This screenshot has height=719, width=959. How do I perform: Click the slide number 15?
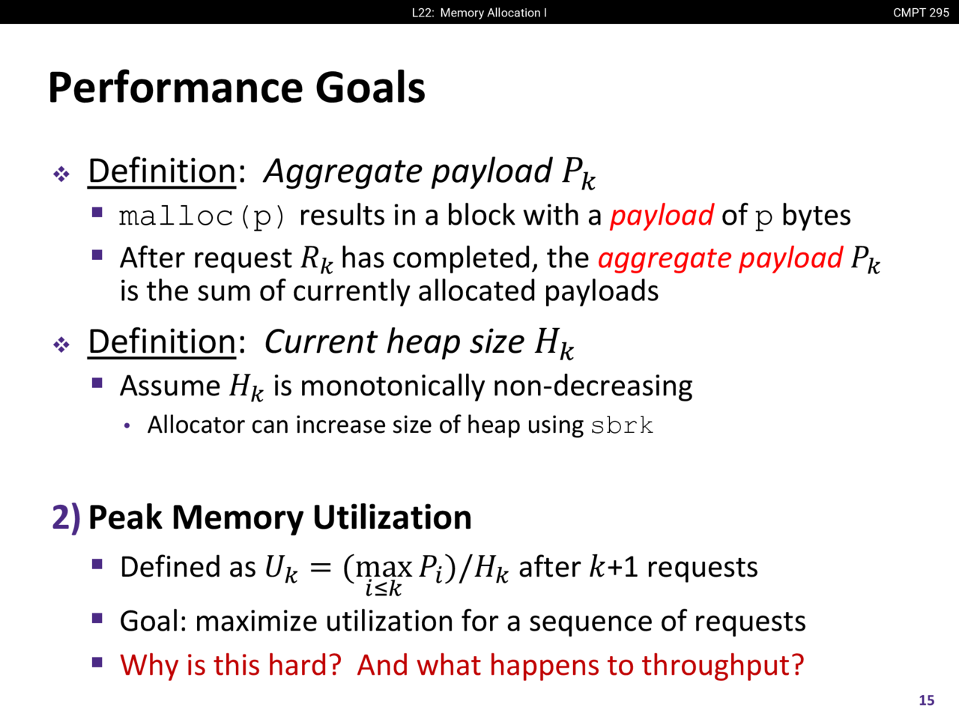(927, 700)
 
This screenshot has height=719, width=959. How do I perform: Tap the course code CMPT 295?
(921, 13)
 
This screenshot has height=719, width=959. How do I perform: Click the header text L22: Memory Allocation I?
(479, 13)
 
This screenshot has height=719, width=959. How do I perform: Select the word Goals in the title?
(370, 88)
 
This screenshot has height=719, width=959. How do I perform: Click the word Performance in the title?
(175, 88)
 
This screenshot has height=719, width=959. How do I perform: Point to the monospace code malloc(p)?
(203, 217)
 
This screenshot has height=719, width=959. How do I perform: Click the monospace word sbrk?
(622, 425)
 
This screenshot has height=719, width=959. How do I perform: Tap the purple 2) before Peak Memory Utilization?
(66, 518)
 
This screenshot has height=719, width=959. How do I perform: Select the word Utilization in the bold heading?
(393, 518)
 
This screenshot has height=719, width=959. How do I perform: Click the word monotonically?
(393, 386)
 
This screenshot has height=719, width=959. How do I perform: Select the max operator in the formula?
(384, 568)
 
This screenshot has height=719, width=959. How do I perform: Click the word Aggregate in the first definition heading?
(343, 172)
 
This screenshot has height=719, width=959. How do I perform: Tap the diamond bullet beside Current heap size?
(61, 345)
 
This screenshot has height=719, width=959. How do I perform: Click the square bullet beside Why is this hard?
(97, 662)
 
